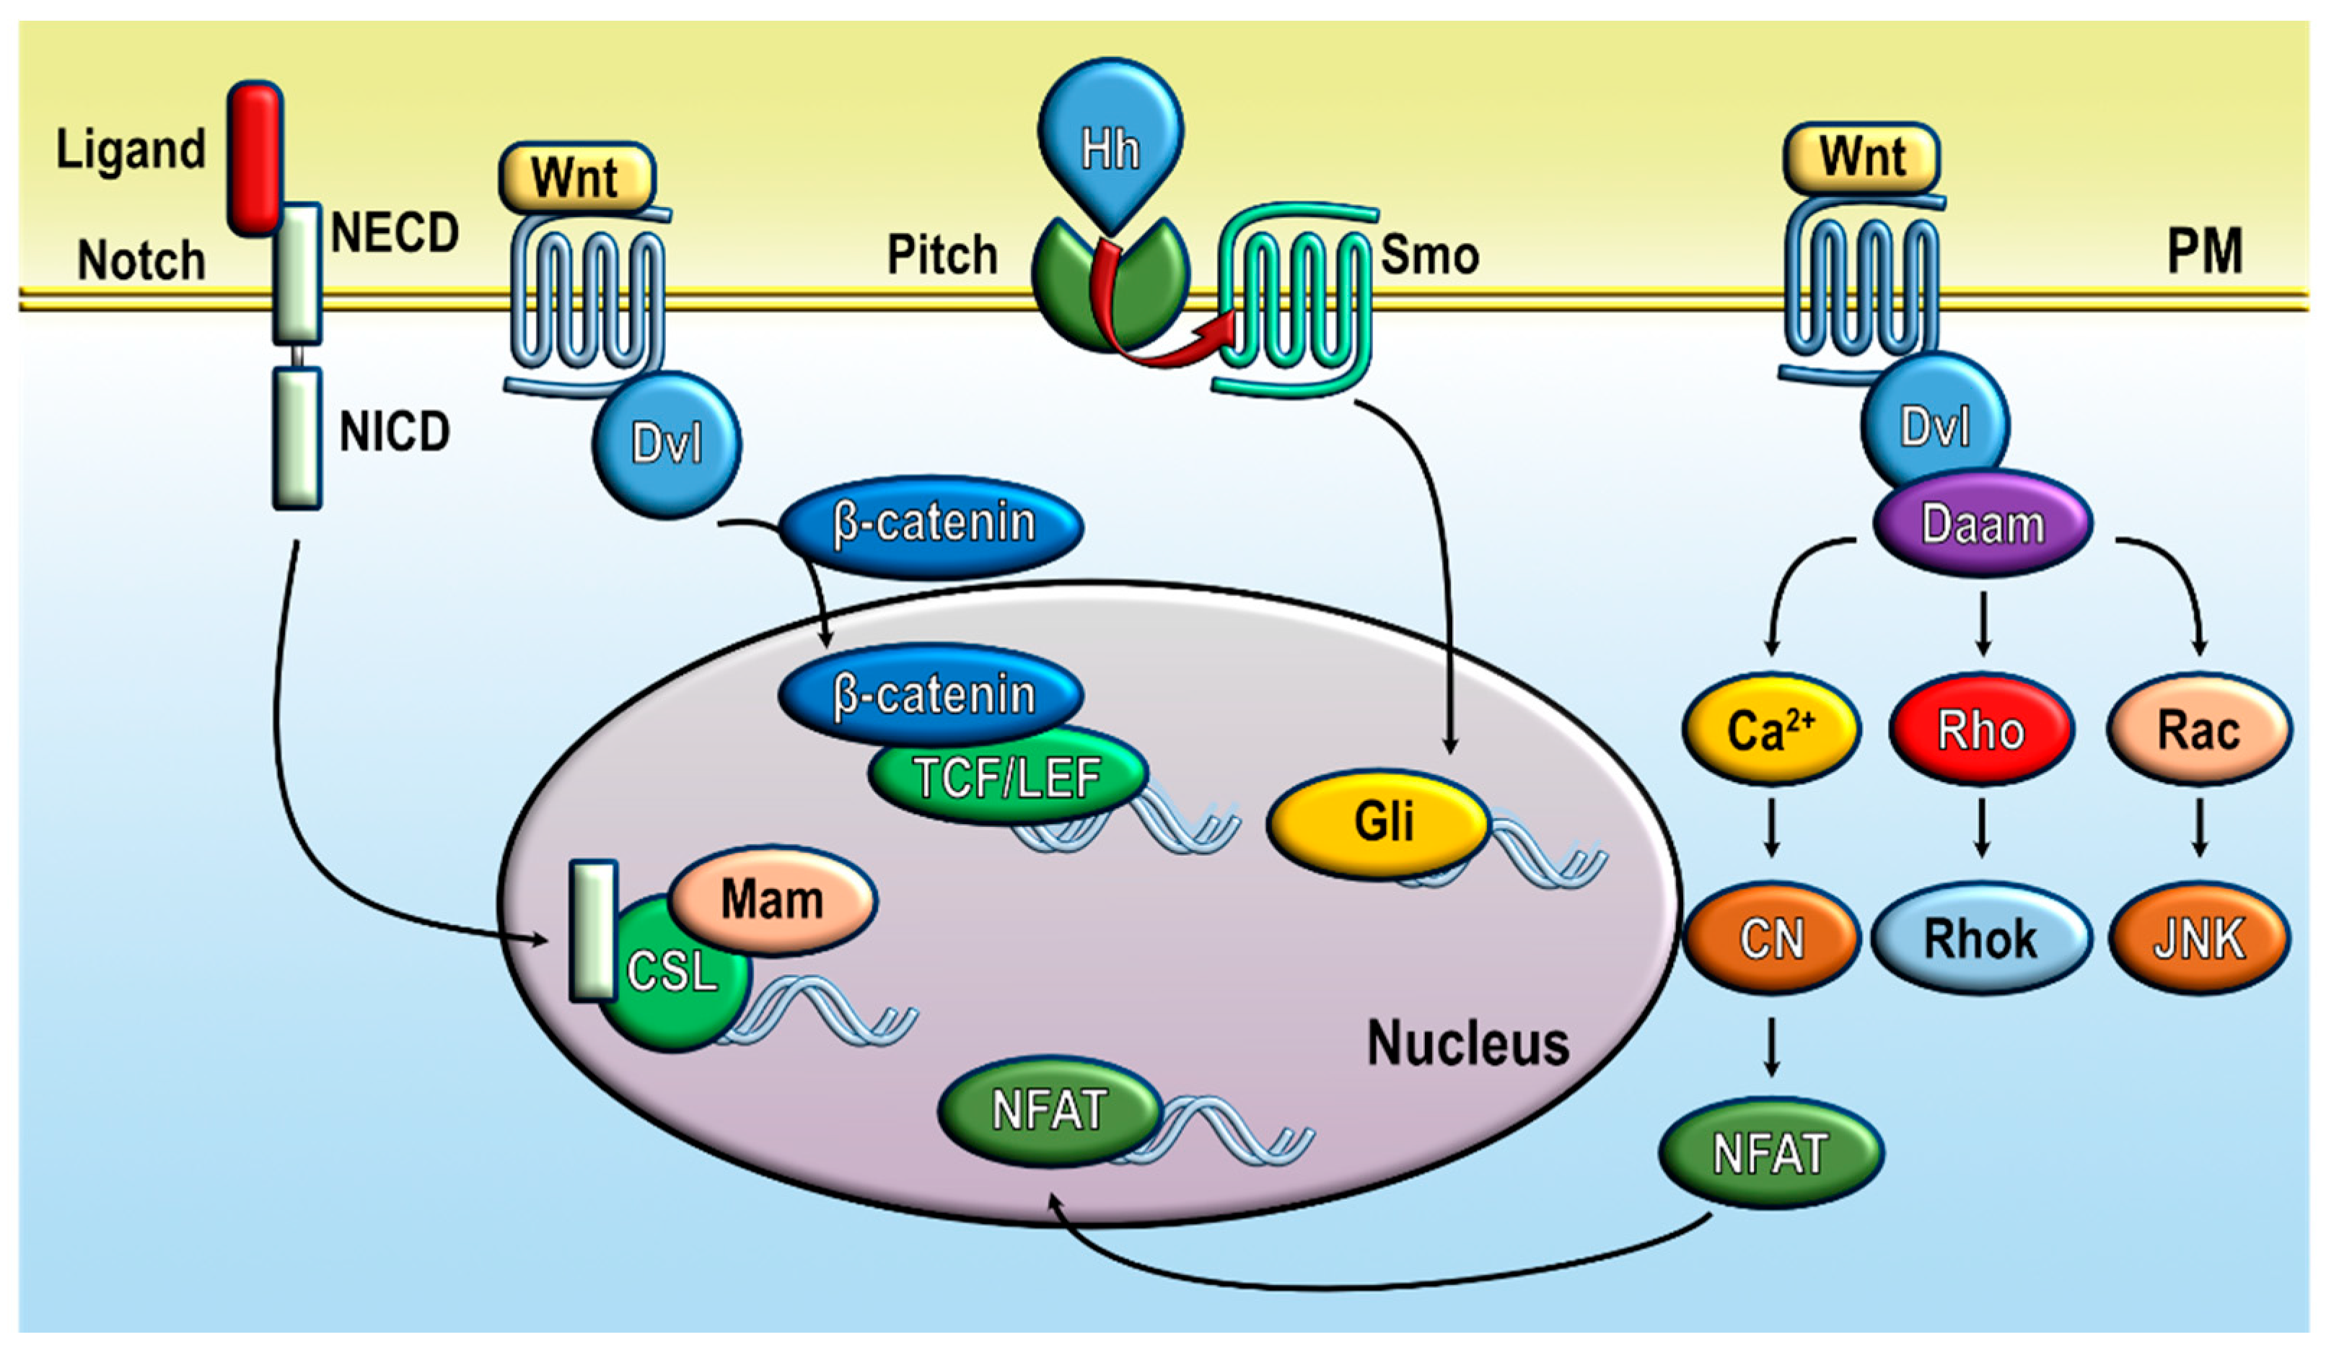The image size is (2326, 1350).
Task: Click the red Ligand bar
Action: click(x=255, y=157)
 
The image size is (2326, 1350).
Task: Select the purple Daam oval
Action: click(x=1983, y=525)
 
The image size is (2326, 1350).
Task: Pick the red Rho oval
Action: click(x=1981, y=730)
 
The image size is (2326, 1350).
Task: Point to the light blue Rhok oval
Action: click(x=1981, y=939)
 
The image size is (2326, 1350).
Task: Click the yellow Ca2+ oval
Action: click(x=1770, y=730)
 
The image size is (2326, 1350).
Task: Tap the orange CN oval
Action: click(x=1770, y=939)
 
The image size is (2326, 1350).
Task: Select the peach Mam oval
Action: click(x=772, y=899)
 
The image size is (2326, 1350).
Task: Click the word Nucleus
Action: click(x=1467, y=1043)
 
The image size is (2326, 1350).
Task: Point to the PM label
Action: click(x=2204, y=251)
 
